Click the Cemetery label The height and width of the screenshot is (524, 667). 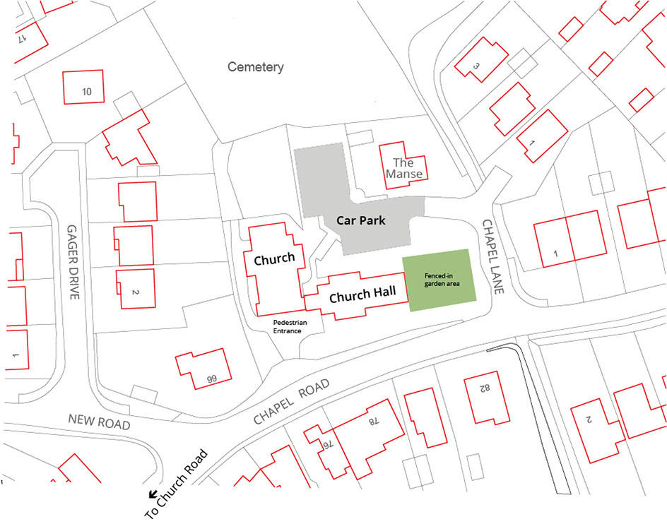click(x=255, y=68)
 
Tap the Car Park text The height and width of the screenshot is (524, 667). click(x=360, y=220)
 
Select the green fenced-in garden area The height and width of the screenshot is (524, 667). click(x=439, y=278)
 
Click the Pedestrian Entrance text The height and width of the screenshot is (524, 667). click(x=288, y=325)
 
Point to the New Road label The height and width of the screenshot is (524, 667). click(x=100, y=422)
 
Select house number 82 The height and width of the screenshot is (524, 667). click(x=485, y=389)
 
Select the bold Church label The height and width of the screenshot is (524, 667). click(x=274, y=259)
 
